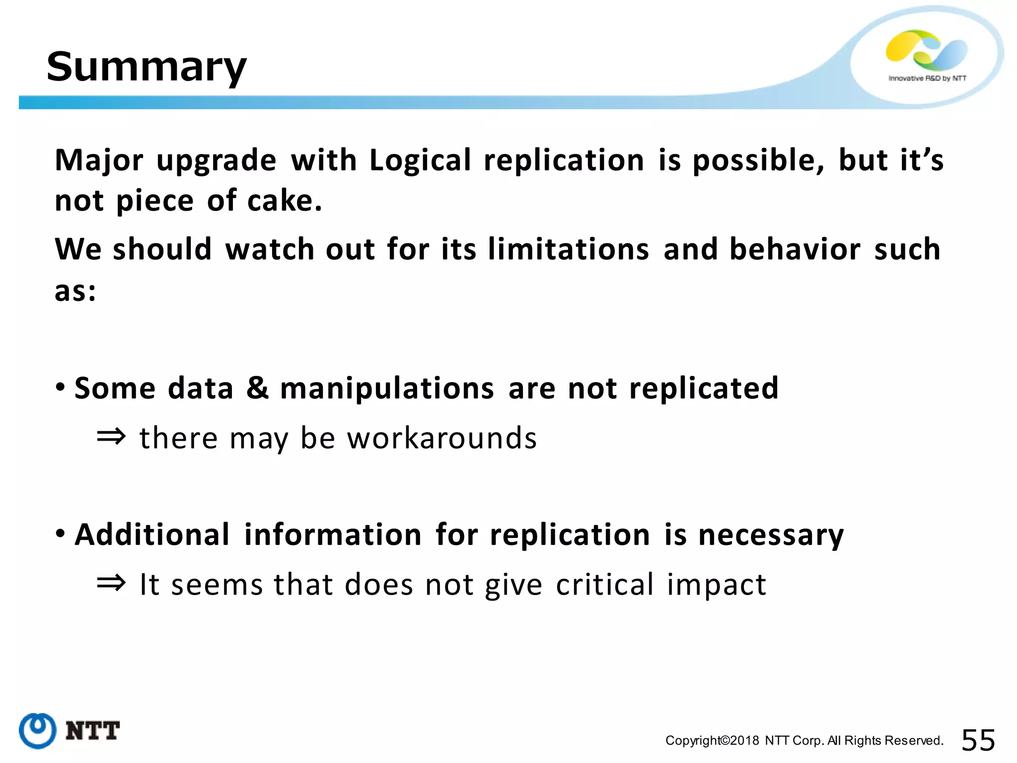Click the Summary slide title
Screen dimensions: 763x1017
click(x=146, y=67)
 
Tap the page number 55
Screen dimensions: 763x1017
click(x=978, y=741)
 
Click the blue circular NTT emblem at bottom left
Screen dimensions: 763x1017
click(x=38, y=731)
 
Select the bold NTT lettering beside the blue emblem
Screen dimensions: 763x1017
click(x=93, y=731)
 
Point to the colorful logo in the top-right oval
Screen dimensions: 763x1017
click(x=927, y=50)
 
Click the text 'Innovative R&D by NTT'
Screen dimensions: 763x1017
click(x=927, y=78)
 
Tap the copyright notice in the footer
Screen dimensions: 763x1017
click(x=804, y=741)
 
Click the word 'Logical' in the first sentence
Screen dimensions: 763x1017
click(x=420, y=160)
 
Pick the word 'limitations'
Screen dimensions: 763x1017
click(x=569, y=249)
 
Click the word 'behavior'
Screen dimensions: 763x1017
click(x=795, y=249)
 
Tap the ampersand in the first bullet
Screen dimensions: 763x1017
click(x=257, y=388)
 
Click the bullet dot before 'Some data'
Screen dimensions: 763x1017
click(x=61, y=387)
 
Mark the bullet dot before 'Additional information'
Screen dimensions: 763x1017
click(x=61, y=534)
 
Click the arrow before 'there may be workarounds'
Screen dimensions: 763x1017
click(x=111, y=437)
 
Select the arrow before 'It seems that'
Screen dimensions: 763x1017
click(x=111, y=583)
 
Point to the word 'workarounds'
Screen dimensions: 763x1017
click(x=442, y=438)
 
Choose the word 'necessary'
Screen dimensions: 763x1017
click(x=771, y=535)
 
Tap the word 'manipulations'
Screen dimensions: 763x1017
click(x=387, y=388)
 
